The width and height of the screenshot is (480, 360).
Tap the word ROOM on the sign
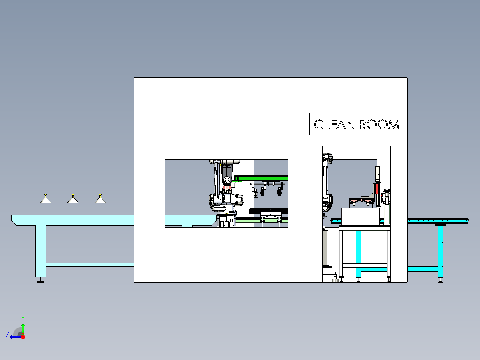(x=379, y=125)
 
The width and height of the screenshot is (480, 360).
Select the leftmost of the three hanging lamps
(x=46, y=198)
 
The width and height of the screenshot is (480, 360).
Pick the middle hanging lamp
(x=73, y=198)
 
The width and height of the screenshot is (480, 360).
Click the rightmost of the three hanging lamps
(x=100, y=198)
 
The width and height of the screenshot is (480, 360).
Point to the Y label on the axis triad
(x=23, y=319)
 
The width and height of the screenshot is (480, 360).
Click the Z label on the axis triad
(x=7, y=335)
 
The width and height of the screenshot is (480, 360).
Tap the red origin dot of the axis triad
(x=23, y=337)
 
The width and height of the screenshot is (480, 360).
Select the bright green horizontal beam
(x=261, y=178)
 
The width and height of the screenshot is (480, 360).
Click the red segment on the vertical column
(x=377, y=188)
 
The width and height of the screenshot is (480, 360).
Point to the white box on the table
(x=360, y=216)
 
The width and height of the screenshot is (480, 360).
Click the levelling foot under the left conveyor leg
(x=41, y=280)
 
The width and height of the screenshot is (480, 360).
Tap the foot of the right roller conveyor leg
(x=440, y=280)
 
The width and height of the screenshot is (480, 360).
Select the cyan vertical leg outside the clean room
(x=440, y=251)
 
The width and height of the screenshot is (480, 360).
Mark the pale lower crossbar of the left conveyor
(x=90, y=264)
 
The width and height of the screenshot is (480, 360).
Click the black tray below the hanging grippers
(x=269, y=211)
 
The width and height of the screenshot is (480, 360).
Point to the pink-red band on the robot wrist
(x=227, y=187)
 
